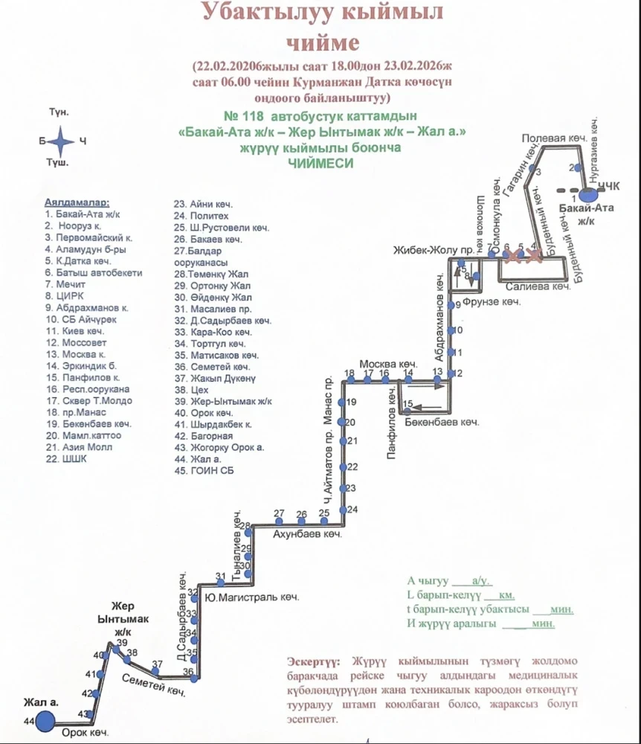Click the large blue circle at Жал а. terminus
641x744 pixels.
point(45,720)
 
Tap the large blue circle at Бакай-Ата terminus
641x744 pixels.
point(588,194)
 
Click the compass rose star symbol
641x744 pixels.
point(63,140)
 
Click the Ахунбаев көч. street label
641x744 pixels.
point(306,534)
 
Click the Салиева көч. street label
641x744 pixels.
point(537,286)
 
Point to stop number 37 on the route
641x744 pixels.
point(157,664)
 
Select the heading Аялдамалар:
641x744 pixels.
point(77,202)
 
